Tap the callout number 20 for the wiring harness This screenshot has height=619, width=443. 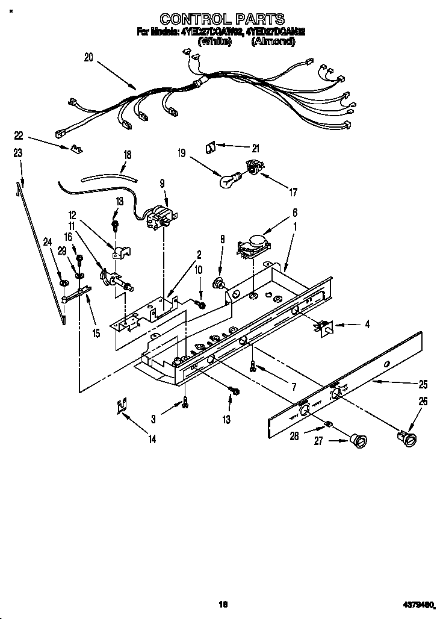[x=89, y=58]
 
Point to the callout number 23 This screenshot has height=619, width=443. [x=17, y=154]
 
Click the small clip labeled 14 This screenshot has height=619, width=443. [x=122, y=407]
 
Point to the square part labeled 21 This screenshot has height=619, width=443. [x=211, y=146]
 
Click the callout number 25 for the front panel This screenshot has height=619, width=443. [x=423, y=384]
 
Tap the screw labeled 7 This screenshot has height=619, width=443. [x=253, y=365]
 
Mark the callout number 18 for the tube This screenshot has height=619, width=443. [x=127, y=154]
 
